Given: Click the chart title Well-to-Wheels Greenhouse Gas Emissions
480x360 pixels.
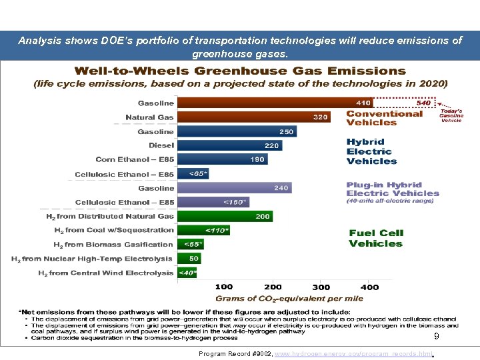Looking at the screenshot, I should click(x=240, y=71).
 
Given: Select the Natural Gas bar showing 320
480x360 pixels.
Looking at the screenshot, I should click(x=254, y=117).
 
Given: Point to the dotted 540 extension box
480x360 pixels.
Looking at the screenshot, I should click(x=404, y=103).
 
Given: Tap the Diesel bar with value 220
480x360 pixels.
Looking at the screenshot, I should click(x=229, y=145).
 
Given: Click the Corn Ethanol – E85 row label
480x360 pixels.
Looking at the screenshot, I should click(x=135, y=159).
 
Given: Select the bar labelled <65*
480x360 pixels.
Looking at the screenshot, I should click(x=193, y=174).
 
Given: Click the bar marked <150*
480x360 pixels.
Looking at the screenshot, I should click(x=213, y=202).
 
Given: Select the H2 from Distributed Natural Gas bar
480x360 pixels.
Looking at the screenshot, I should click(x=225, y=216).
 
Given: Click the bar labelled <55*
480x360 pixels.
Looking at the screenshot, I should click(x=191, y=245).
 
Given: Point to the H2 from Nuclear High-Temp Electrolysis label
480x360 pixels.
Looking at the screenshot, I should click(x=92, y=259).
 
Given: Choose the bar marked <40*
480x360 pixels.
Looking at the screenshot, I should click(x=187, y=273).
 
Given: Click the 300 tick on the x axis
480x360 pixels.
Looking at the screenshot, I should click(x=320, y=287).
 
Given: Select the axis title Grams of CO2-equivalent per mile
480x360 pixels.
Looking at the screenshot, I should click(x=289, y=298).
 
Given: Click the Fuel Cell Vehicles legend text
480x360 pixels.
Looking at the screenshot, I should click(x=376, y=238).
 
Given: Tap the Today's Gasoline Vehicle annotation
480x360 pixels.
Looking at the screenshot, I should click(x=451, y=115).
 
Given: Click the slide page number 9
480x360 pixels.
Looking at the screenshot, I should click(x=436, y=337).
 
